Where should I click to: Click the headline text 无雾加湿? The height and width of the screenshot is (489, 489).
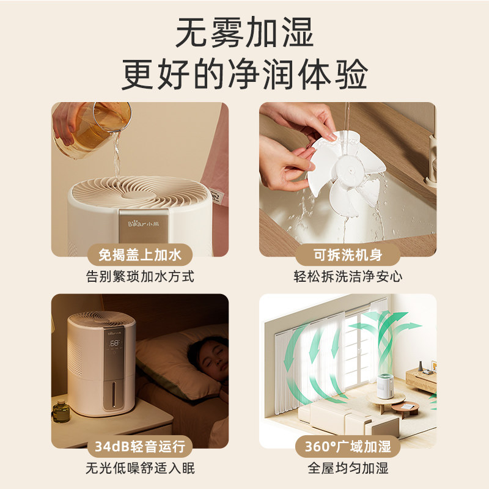pyautogui.click(x=244, y=32)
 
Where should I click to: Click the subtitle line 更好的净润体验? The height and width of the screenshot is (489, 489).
pyautogui.click(x=244, y=74)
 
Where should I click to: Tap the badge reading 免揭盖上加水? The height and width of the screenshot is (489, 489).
pyautogui.click(x=140, y=255)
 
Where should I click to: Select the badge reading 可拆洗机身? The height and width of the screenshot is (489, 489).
pyautogui.click(x=348, y=255)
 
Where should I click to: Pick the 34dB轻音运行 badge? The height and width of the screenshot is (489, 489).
pyautogui.click(x=140, y=447)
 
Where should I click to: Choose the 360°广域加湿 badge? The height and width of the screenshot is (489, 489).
pyautogui.click(x=348, y=447)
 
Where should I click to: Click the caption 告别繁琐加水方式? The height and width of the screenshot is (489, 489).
pyautogui.click(x=140, y=276)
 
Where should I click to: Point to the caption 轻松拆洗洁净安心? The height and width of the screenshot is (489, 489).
pyautogui.click(x=348, y=276)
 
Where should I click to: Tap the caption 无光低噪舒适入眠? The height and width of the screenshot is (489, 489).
pyautogui.click(x=140, y=468)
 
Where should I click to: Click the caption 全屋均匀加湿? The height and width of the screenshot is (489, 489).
pyautogui.click(x=348, y=468)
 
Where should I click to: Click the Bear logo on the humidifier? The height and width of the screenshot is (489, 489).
pyautogui.click(x=144, y=224)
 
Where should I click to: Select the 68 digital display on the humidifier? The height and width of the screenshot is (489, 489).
pyautogui.click(x=114, y=343)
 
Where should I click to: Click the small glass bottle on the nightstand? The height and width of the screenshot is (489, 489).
pyautogui.click(x=61, y=411)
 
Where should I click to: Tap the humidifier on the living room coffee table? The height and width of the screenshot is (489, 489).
pyautogui.click(x=385, y=386)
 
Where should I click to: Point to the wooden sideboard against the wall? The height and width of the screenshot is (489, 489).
pyautogui.click(x=422, y=380)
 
